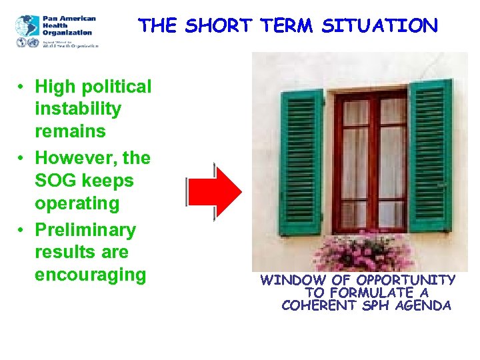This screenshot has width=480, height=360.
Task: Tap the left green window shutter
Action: [x=301, y=161]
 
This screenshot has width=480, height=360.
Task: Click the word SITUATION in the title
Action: [x=380, y=27]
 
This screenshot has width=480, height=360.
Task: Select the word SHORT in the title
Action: [x=219, y=27]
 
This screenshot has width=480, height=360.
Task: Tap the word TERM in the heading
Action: [x=287, y=27]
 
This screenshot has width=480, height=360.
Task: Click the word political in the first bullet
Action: [x=117, y=87]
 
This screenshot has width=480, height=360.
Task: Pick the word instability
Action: [x=78, y=109]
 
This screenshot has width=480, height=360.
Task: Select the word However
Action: [x=73, y=159]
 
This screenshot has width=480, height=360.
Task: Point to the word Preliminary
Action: [x=85, y=230]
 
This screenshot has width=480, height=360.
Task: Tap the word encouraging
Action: [x=90, y=275]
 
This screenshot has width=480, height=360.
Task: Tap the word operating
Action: [x=77, y=203]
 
